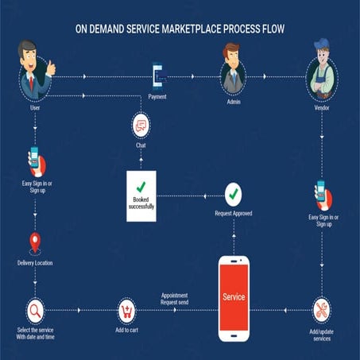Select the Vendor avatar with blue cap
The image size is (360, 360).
pos(323,74)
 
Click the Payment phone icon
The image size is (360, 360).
pos(157,76)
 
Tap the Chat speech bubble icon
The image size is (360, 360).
pos(140,125)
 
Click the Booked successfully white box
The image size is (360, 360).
pos(141,194)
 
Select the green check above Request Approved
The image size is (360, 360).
pos(233,193)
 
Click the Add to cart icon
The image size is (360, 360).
pos(127,310)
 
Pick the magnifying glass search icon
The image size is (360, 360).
pos(35,310)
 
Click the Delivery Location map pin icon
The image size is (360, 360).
pos(34,242)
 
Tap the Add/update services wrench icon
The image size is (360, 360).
pos(322,310)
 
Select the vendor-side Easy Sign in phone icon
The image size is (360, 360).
pos(322,193)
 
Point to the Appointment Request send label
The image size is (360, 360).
pos(174,298)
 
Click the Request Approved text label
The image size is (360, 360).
pos(233,213)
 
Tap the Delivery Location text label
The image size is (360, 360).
pos(35,262)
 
